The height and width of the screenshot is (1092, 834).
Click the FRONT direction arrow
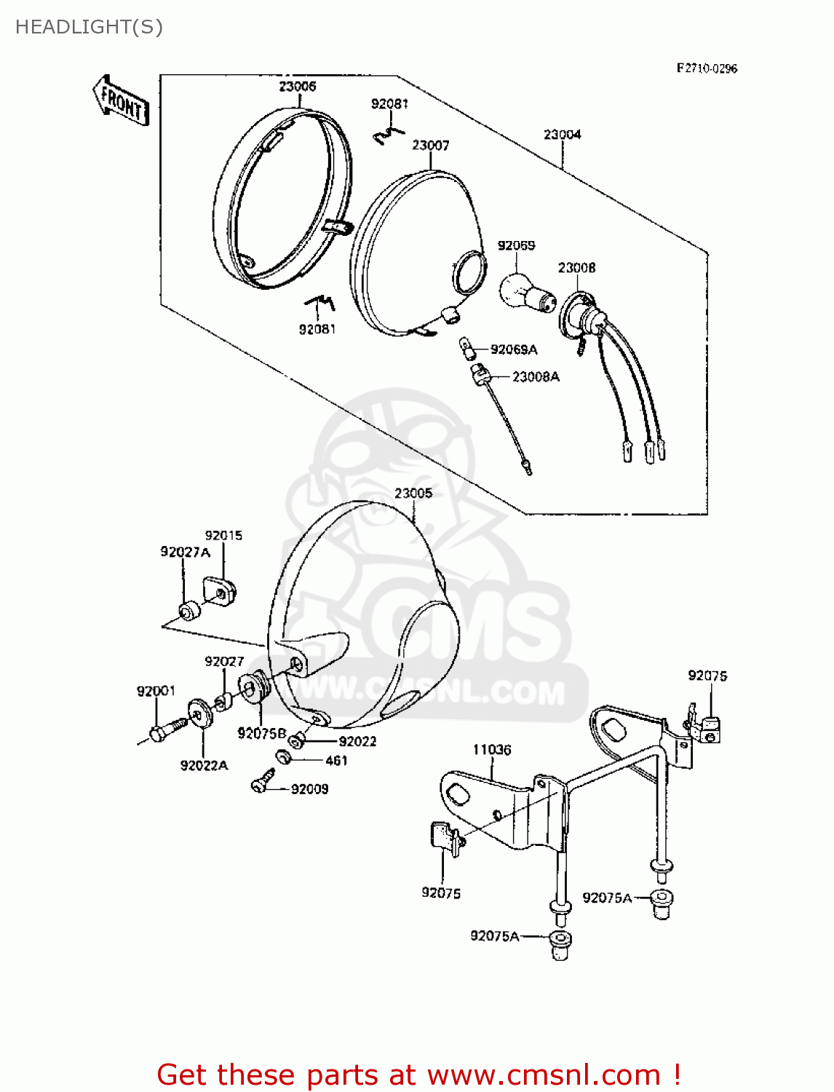121,100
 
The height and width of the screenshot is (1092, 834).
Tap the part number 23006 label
298,86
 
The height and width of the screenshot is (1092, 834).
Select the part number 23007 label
431,145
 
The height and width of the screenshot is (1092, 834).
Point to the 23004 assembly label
563,134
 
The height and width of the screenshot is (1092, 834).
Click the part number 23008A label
536,376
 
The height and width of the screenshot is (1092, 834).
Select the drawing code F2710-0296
707,68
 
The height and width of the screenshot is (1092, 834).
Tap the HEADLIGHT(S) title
89,27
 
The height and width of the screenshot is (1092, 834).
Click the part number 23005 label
413,493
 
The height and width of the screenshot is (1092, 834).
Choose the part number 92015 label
223,535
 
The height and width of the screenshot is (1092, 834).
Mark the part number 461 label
336,760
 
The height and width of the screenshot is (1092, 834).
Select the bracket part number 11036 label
492,749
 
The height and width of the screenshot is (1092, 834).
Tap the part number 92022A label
204,765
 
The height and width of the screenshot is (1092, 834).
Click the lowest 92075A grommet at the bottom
560,945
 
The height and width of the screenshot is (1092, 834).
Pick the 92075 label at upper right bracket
707,676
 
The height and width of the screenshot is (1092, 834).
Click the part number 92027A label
185,552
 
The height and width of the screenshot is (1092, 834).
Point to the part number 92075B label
262,733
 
